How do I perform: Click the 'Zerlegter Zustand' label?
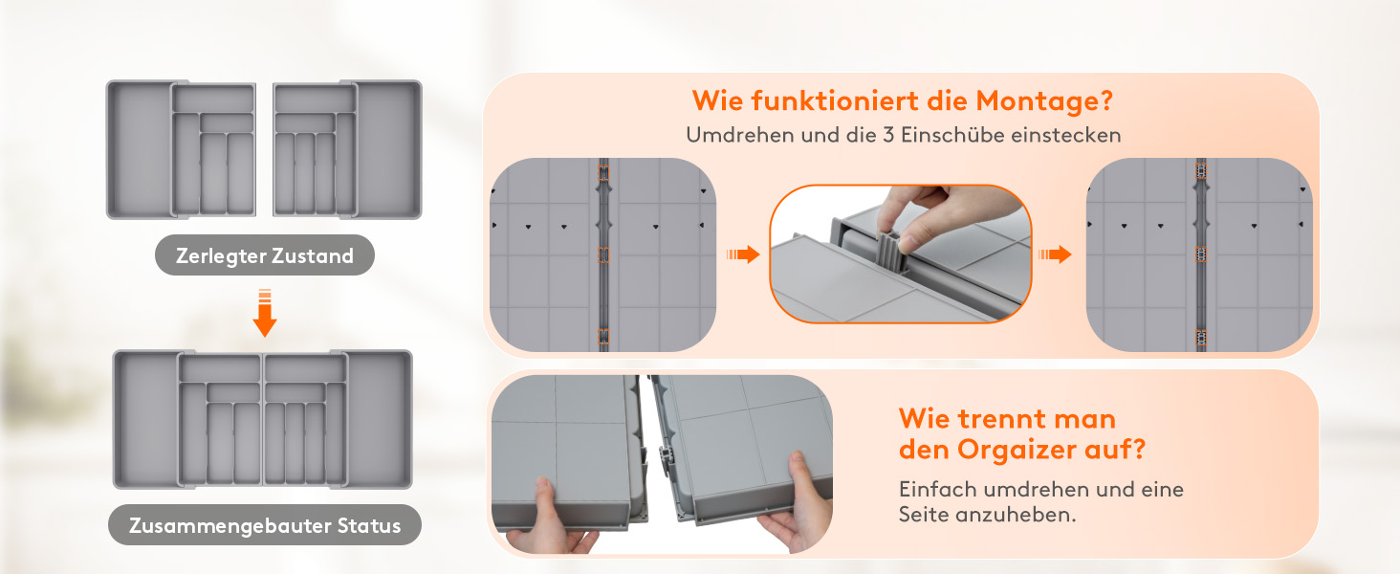(264, 255)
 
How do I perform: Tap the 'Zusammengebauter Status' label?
(264, 525)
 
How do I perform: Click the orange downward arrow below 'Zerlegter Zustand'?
(264, 313)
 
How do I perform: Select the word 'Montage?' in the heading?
(1044, 100)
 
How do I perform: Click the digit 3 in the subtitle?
(888, 135)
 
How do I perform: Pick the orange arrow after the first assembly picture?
(743, 254)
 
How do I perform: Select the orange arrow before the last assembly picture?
(1055, 254)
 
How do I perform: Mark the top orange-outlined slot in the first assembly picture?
(603, 172)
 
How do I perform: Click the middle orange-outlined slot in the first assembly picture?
(603, 254)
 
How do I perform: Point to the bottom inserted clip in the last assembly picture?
(1201, 338)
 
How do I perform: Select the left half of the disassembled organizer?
(182, 149)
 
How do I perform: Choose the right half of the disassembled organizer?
(347, 149)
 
